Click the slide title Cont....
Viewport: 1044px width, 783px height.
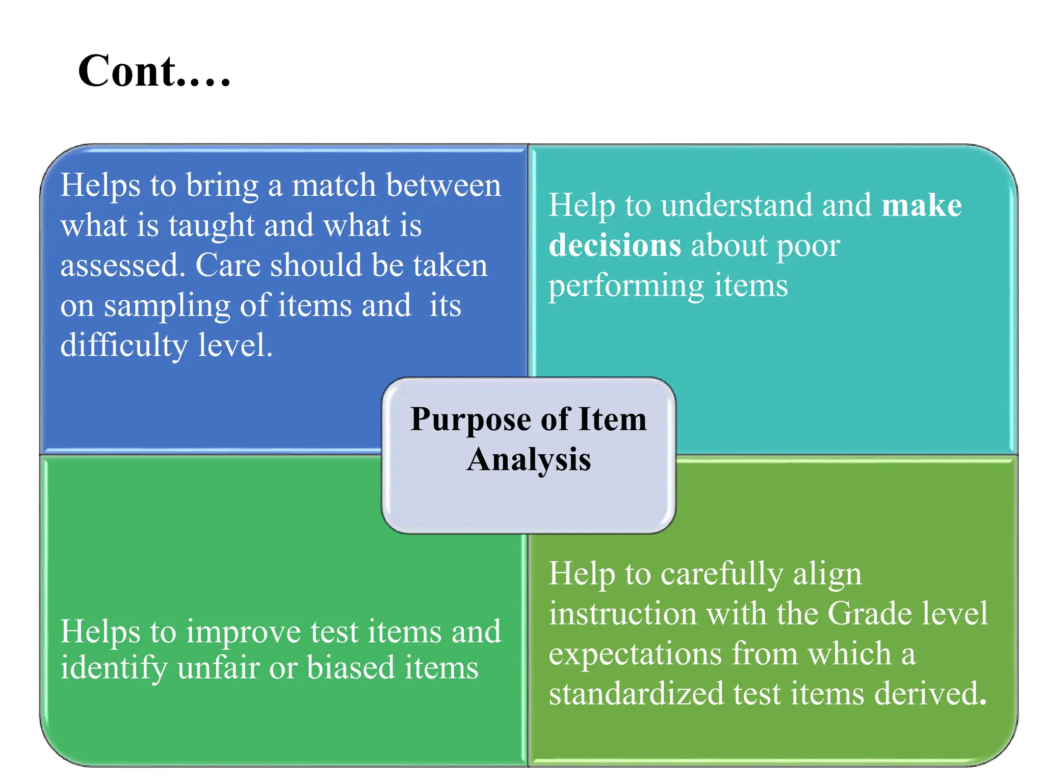tap(154, 71)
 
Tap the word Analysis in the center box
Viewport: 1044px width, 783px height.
tap(529, 460)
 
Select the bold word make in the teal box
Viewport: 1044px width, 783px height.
tap(922, 206)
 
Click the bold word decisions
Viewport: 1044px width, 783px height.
tap(615, 246)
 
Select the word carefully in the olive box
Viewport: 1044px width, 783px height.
tap(721, 574)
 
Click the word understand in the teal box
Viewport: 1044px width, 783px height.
tap(737, 206)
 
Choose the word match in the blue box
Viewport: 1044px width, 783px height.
tap(334, 186)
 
